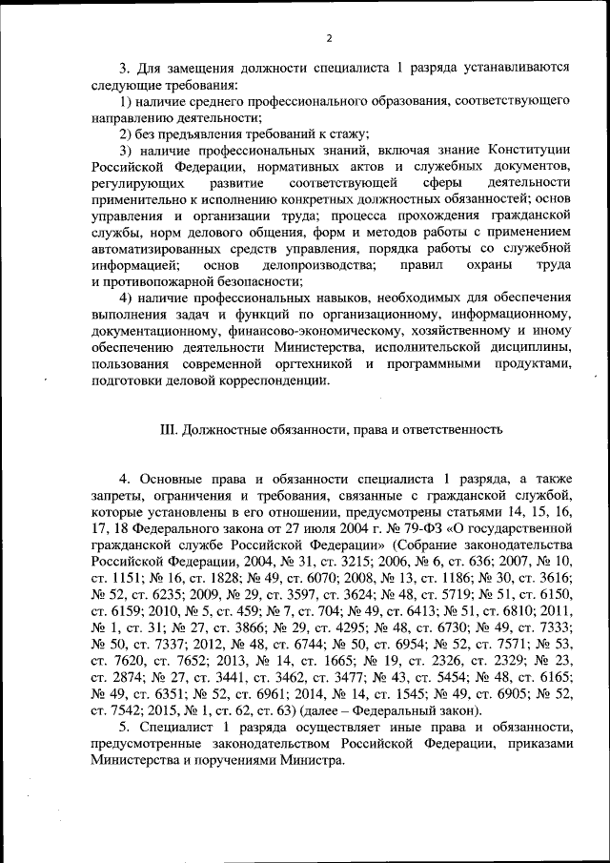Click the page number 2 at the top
[x=328, y=38]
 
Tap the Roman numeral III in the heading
[x=165, y=430]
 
